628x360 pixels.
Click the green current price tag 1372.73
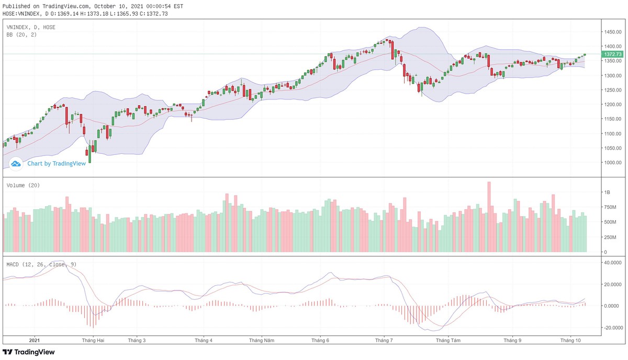click(x=612, y=54)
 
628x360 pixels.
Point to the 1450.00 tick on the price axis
click(x=612, y=32)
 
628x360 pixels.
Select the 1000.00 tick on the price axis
click(x=612, y=162)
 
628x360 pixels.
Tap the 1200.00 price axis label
click(x=612, y=104)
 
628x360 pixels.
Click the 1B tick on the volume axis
click(x=607, y=193)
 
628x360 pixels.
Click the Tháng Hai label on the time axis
click(x=93, y=340)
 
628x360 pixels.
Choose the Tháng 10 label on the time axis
click(x=569, y=340)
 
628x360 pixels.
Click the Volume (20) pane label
click(x=23, y=185)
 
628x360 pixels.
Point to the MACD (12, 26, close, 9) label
click(x=41, y=264)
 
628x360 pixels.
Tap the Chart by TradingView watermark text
click(x=56, y=163)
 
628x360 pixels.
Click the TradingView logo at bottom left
click(x=29, y=352)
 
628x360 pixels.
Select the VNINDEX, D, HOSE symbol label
click(x=31, y=27)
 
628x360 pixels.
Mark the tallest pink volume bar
click(x=489, y=217)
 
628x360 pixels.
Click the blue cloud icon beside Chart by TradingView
click(x=16, y=164)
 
